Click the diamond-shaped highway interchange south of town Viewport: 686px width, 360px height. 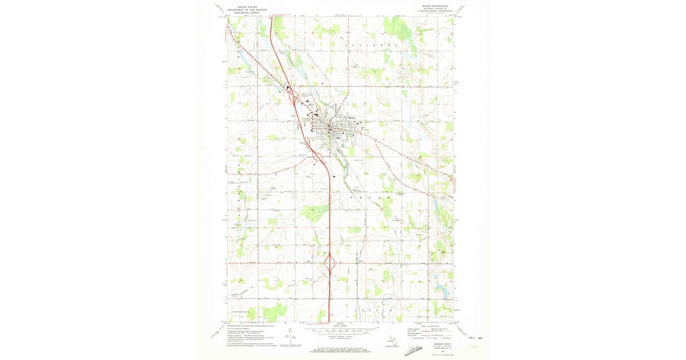coord(330,263)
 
